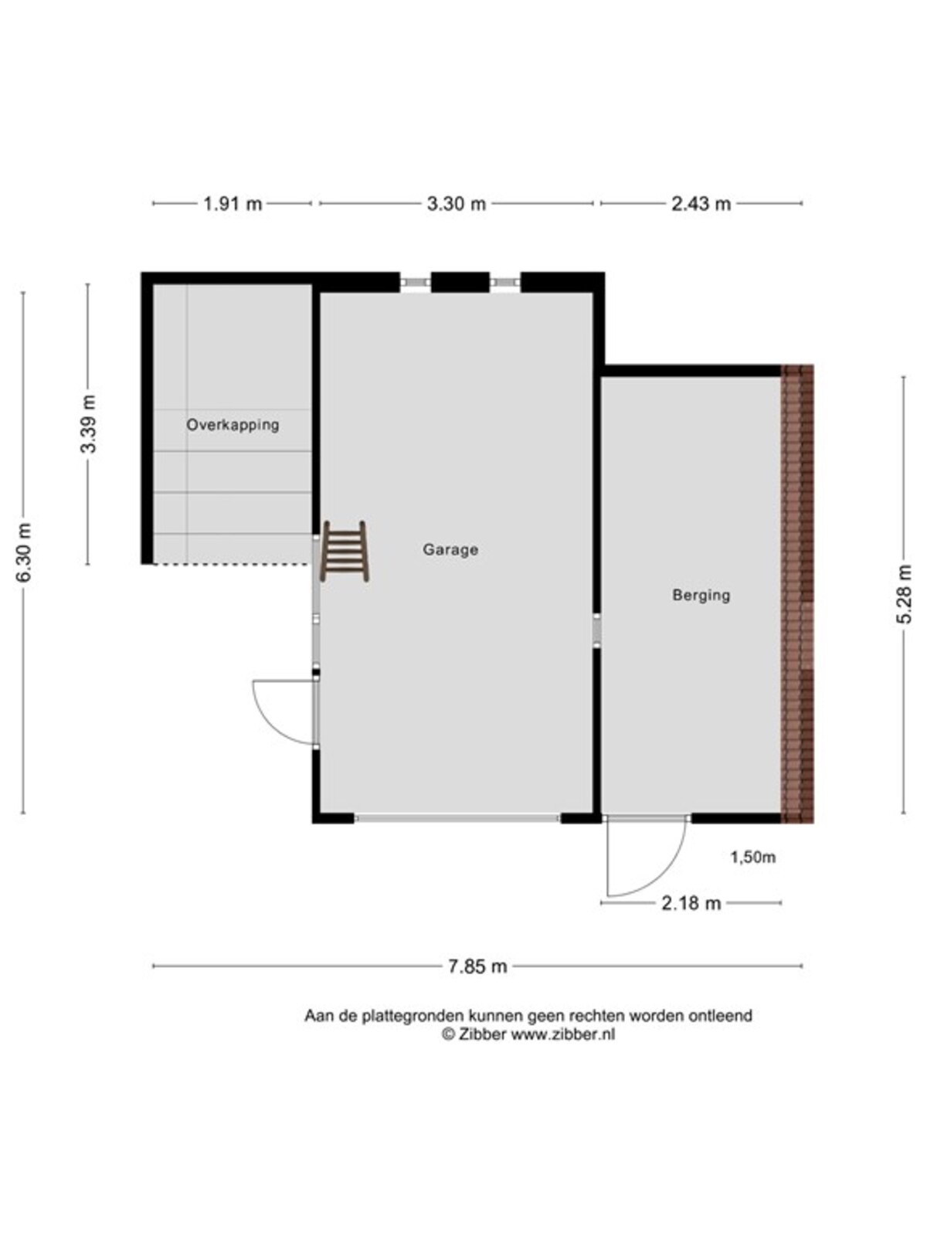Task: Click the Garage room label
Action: (450, 549)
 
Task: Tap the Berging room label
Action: (701, 595)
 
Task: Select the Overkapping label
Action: (233, 425)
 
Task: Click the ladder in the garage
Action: (345, 552)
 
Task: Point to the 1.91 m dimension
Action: (233, 203)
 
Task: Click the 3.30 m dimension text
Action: (456, 203)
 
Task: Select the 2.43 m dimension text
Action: (701, 203)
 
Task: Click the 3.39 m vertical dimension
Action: (88, 424)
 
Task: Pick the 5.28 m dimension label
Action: (903, 594)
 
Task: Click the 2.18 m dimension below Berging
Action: (691, 903)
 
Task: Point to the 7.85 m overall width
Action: (477, 966)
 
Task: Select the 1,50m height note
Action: (753, 857)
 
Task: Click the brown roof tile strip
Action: (797, 593)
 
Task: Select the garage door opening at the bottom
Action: (457, 818)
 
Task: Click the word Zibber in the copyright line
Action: (481, 1034)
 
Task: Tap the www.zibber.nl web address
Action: (563, 1034)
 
